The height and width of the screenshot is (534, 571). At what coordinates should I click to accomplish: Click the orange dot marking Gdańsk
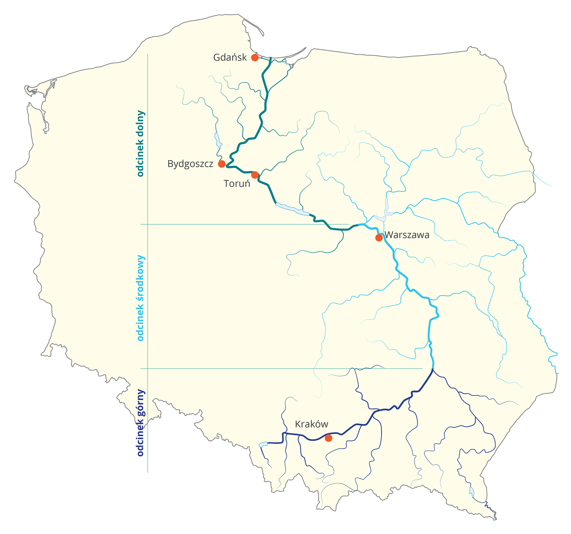pyautogui.click(x=255, y=57)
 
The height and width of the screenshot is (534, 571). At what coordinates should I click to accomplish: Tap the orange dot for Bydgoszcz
pyautogui.click(x=221, y=164)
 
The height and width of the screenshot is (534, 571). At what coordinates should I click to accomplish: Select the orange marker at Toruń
pyautogui.click(x=255, y=175)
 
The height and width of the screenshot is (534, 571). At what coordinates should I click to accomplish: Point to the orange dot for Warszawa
pyautogui.click(x=379, y=238)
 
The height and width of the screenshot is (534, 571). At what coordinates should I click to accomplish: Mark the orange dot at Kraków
pyautogui.click(x=329, y=438)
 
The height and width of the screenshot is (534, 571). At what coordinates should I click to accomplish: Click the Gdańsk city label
pyautogui.click(x=230, y=57)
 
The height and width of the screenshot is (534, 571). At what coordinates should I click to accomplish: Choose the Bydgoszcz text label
pyautogui.click(x=190, y=164)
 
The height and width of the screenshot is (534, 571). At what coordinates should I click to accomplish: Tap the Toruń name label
pyautogui.click(x=237, y=184)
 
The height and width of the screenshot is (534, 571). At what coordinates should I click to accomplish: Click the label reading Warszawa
pyautogui.click(x=407, y=235)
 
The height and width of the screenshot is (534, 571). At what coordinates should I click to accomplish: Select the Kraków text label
pyautogui.click(x=312, y=424)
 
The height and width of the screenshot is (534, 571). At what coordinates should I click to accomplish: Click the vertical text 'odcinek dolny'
pyautogui.click(x=140, y=144)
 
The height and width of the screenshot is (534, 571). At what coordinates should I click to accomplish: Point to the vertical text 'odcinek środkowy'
pyautogui.click(x=140, y=298)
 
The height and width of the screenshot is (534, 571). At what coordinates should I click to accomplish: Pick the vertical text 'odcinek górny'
pyautogui.click(x=140, y=423)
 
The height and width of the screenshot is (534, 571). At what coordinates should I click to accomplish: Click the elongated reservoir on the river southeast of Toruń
pyautogui.click(x=292, y=210)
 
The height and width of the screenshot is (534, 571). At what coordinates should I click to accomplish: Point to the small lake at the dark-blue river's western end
pyautogui.click(x=263, y=445)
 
